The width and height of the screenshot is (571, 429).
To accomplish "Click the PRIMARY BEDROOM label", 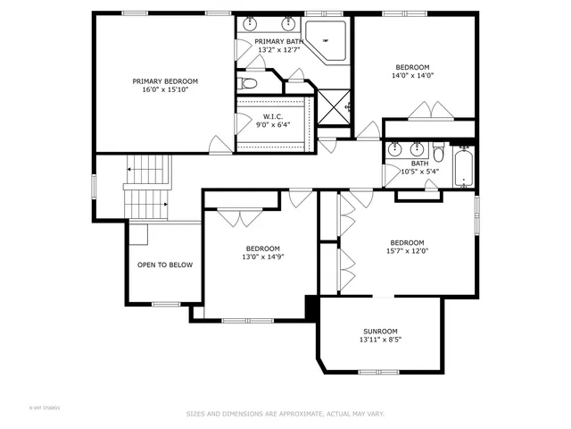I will click(165, 81).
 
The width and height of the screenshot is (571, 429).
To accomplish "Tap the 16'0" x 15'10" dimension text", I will click(165, 89).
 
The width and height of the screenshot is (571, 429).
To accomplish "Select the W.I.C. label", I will click(273, 116).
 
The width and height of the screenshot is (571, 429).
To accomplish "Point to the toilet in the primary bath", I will click(248, 84).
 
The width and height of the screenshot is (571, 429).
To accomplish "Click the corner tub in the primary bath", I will click(327, 40).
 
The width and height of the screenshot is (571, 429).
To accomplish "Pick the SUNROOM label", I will click(380, 332).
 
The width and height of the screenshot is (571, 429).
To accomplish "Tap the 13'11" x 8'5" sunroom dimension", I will click(380, 340).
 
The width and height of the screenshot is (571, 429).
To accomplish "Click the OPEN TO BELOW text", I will click(164, 265).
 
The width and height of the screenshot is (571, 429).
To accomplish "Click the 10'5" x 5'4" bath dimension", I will click(419, 172).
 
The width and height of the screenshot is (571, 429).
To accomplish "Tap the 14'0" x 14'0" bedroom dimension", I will click(413, 75).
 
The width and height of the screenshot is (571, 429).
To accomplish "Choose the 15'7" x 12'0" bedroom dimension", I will click(407, 250).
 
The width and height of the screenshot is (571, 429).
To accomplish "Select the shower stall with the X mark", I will click(335, 108).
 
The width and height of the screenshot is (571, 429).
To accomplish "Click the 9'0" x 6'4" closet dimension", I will click(273, 125).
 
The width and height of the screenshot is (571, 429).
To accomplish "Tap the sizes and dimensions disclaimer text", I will click(285, 414).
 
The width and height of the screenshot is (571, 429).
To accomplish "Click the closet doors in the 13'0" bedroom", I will click(234, 214).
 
